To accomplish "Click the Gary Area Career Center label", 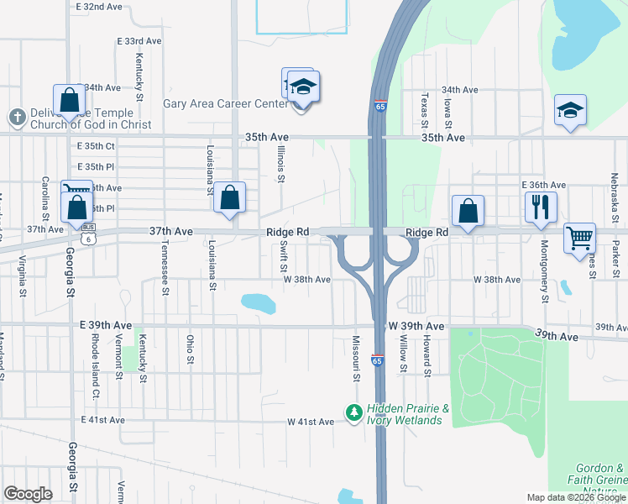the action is [x=221, y=104].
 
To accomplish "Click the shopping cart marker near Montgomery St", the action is [x=579, y=238].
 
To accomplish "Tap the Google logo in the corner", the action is [x=28, y=494].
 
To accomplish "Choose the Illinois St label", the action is [x=282, y=163].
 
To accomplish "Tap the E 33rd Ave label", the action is [x=139, y=40].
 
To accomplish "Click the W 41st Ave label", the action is [x=311, y=422].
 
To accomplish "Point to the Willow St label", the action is [x=404, y=353].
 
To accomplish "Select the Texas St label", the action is [x=426, y=110].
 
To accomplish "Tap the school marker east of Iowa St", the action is [x=570, y=111].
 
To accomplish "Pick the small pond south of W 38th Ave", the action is [x=258, y=302].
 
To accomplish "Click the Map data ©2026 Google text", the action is [x=576, y=497].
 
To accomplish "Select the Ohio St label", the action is [x=191, y=350].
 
